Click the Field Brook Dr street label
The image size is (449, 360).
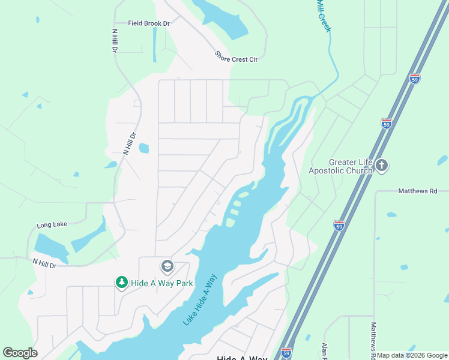pyautogui.click(x=149, y=23)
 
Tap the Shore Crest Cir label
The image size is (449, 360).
pyautogui.click(x=236, y=56)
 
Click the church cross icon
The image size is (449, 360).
pyautogui.click(x=382, y=165)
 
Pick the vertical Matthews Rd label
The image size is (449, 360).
pyautogui.click(x=373, y=337)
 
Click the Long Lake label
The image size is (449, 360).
pyautogui.click(x=52, y=225)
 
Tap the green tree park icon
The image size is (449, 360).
pyautogui.click(x=121, y=282)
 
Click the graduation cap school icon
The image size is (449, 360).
pyautogui.click(x=167, y=266)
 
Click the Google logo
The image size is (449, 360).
pyautogui.click(x=20, y=353)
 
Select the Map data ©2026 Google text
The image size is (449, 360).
pyautogui.click(x=412, y=355)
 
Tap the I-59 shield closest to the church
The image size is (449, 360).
pyautogui.click(x=387, y=123)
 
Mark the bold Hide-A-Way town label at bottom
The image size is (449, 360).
pyautogui.click(x=241, y=358)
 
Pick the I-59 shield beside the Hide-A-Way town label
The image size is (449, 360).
pyautogui.click(x=286, y=352)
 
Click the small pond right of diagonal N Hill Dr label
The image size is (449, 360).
pyautogui.click(x=143, y=148)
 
